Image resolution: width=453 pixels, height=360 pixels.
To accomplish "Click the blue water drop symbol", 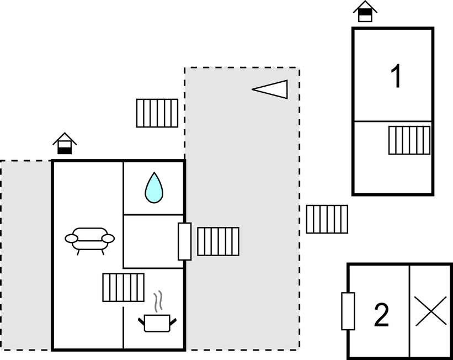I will point(154,188).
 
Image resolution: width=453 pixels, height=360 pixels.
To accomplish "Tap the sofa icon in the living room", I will point(89,240).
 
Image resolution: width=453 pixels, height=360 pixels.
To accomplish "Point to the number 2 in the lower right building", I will point(381,315).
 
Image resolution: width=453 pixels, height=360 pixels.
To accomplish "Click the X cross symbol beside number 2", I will point(430,311).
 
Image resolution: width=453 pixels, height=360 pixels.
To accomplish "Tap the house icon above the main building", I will point(65,144).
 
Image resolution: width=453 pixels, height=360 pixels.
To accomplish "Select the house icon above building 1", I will point(365,10).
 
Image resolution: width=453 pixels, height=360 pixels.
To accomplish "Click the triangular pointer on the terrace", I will point(271,89).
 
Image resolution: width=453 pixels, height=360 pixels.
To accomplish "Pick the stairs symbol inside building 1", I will point(409,140).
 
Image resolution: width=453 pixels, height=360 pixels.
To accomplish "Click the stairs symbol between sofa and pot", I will point(123,287).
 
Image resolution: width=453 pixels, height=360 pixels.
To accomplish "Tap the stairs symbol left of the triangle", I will point(157,113).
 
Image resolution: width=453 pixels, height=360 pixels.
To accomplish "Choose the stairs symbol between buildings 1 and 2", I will point(327,219).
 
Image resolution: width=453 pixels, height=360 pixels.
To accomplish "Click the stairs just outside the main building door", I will point(218,241).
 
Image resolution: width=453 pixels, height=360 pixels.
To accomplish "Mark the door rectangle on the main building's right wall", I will point(185,241).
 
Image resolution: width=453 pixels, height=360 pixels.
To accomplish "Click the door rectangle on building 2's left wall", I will point(348,311).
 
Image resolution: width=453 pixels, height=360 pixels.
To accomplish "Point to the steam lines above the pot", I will point(159,301).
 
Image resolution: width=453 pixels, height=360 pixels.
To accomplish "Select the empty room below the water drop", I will point(153,241).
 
